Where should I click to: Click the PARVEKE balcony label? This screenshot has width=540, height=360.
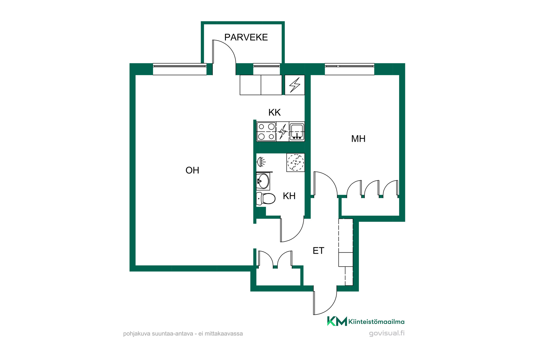(x=246, y=37)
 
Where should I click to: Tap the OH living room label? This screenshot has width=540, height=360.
(x=192, y=170)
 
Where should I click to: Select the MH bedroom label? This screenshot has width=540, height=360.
(x=358, y=139)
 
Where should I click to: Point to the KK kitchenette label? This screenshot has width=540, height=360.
(x=274, y=112)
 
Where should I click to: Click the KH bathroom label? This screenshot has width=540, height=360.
(x=289, y=196)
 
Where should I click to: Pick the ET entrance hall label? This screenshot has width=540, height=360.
(x=318, y=251)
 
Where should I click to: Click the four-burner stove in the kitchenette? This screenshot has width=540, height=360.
(x=266, y=132)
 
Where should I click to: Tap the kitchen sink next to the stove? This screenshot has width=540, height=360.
(x=297, y=132)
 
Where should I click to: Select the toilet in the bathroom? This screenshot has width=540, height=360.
(x=265, y=199)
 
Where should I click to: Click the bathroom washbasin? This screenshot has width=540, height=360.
(x=263, y=181)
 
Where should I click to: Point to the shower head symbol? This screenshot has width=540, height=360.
(x=261, y=162)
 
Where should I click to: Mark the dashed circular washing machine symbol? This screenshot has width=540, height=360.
(x=296, y=162)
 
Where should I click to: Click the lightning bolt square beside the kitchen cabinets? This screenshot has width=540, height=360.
(x=295, y=85)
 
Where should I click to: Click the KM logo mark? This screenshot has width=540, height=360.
(x=337, y=321)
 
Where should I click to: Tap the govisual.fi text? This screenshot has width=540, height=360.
(x=387, y=333)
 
